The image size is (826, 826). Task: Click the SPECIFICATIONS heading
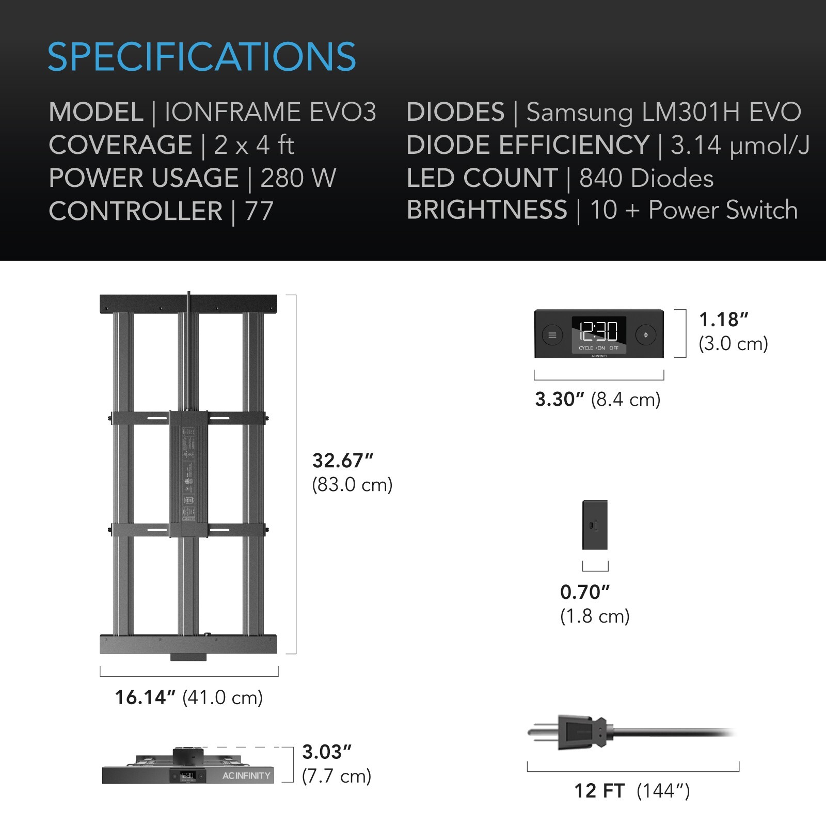pyautogui.click(x=201, y=57)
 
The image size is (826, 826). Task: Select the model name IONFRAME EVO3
pyautogui.click(x=270, y=113)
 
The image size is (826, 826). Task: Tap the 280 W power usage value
pyautogui.click(x=298, y=178)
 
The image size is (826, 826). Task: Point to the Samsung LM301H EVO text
pyautogui.click(x=663, y=113)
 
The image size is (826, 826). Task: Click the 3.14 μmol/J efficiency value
pyautogui.click(x=740, y=145)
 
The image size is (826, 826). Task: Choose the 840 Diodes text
pyautogui.click(x=646, y=178)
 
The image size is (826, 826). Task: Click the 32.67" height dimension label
pyautogui.click(x=343, y=460)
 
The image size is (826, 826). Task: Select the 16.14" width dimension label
pyautogui.click(x=146, y=697)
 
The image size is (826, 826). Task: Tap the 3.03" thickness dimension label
pyautogui.click(x=327, y=752)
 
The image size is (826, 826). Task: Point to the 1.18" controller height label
pyautogui.click(x=723, y=320)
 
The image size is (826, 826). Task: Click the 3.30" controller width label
pyautogui.click(x=560, y=400)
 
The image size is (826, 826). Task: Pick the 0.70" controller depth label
pyautogui.click(x=585, y=592)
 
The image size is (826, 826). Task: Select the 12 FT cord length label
pyautogui.click(x=599, y=791)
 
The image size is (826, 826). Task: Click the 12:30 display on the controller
pyautogui.click(x=599, y=331)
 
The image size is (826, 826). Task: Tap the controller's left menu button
pyautogui.click(x=552, y=335)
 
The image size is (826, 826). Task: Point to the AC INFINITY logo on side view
pyautogui.click(x=246, y=775)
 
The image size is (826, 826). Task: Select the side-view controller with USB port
pyautogui.click(x=595, y=525)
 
